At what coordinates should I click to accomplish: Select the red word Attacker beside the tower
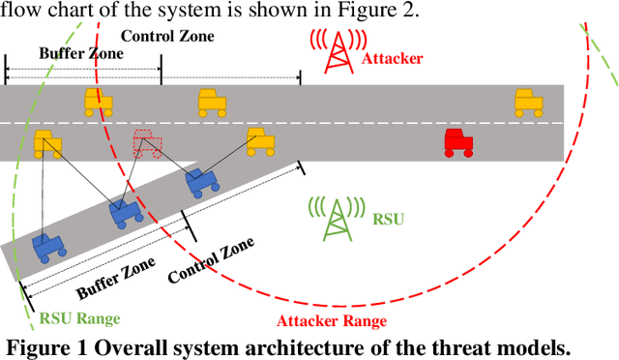(392, 59)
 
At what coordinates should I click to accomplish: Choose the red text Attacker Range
(332, 320)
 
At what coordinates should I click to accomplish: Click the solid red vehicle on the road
(457, 142)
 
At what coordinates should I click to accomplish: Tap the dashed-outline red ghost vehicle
(148, 143)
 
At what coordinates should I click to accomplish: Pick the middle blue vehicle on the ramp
(125, 212)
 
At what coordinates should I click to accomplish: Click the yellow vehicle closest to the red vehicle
(527, 100)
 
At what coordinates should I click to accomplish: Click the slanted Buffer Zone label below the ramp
(115, 274)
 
